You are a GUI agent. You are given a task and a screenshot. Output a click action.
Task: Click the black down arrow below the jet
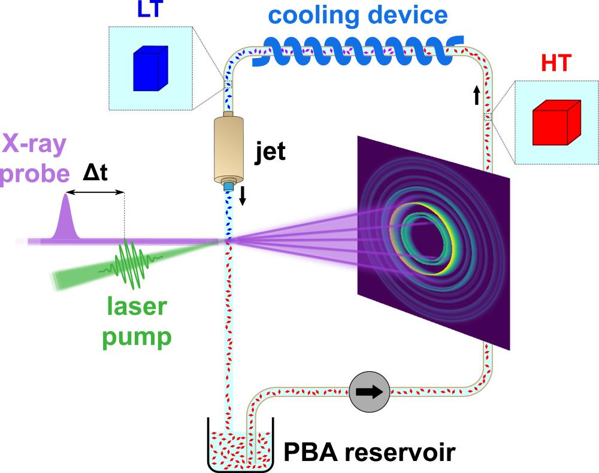pos(242,195)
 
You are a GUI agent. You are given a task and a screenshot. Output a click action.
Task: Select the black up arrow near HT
pos(477,94)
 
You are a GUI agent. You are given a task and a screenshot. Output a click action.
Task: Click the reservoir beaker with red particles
pos(240,446)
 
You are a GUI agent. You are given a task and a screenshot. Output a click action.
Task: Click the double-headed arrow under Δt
pos(95,192)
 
